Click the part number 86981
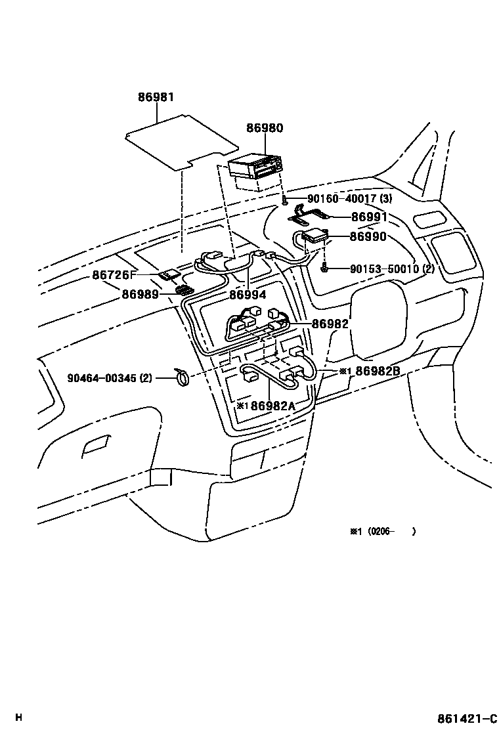pos(156,97)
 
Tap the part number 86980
pos(265,128)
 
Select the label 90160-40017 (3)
pos(349,200)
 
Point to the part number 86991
pos(368,217)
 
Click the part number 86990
pos(368,237)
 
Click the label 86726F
pos(114,276)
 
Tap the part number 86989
pos(140,295)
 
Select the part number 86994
pos(248,295)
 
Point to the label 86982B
pos(378,371)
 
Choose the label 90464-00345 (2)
pos(110,378)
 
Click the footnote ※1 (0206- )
pos(382,532)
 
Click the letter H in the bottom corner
pos(18,717)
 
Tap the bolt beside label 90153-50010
pos(324,268)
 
